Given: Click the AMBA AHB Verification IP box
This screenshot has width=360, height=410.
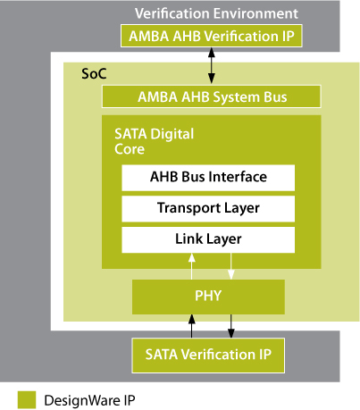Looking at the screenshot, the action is click(212, 36).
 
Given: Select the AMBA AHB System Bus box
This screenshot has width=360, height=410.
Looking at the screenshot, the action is click(212, 96).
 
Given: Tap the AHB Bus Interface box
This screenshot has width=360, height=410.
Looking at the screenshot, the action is click(208, 178).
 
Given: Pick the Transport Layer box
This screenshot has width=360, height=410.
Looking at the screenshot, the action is click(208, 209).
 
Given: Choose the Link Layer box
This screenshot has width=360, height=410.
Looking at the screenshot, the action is click(208, 239).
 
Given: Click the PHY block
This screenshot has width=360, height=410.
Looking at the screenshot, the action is click(208, 297).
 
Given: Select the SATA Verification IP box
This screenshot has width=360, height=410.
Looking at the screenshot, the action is click(208, 356).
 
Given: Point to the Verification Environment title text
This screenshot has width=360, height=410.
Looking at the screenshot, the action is click(216, 13).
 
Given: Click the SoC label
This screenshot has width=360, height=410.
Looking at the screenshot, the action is click(94, 74).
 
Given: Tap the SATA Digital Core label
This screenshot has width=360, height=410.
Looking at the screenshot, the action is click(155, 141).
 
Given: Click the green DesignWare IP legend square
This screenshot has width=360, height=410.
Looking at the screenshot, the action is click(27, 400).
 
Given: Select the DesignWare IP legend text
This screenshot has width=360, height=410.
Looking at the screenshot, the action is click(89, 400).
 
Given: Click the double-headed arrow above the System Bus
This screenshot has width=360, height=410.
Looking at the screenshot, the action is click(212, 66).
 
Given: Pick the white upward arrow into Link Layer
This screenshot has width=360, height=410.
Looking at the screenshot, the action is click(192, 266).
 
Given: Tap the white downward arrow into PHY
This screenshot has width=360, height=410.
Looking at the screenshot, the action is click(231, 266).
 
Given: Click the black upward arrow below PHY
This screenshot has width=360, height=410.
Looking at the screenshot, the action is click(192, 326).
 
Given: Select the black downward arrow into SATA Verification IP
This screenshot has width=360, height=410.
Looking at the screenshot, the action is click(231, 326).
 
